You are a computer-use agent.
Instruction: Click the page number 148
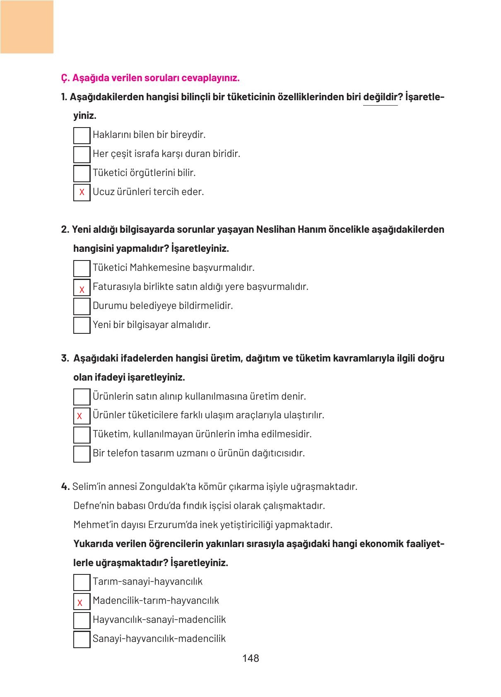[x=250, y=658]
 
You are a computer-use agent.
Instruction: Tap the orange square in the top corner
[x=26, y=27]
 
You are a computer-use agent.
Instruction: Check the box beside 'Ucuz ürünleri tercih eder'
[x=82, y=192]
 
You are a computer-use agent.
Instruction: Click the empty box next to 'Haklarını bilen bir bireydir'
[x=82, y=135]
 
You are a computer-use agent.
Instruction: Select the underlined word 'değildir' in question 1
[x=380, y=97]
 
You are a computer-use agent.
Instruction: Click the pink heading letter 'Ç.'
[x=65, y=78]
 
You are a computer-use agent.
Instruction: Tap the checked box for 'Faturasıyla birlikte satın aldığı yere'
[x=82, y=287]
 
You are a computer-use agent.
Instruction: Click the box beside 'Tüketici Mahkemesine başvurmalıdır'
[x=82, y=268]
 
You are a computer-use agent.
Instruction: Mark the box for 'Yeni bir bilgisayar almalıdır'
[x=82, y=325]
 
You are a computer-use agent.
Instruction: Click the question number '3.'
[x=65, y=358]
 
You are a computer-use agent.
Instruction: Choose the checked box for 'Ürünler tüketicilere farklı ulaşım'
[x=82, y=416]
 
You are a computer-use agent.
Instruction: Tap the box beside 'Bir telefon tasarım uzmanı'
[x=82, y=454]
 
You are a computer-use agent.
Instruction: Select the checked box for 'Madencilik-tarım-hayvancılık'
[x=82, y=601]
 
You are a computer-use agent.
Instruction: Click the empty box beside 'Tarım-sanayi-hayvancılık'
[x=82, y=582]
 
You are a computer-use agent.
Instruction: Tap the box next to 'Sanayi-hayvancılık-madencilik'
[x=82, y=639]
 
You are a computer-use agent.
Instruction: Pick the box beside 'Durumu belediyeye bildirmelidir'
[x=82, y=306]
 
